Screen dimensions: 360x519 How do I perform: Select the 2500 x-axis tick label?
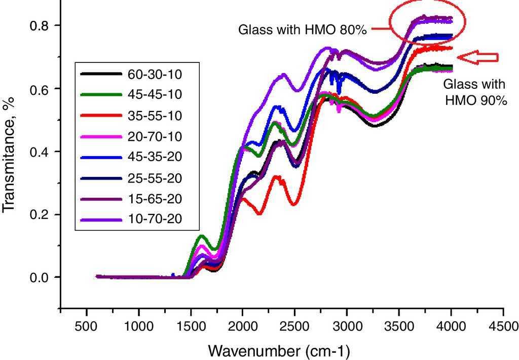pyautogui.click(x=294, y=326)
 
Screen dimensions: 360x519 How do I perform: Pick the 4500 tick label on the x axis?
pyautogui.click(x=503, y=326)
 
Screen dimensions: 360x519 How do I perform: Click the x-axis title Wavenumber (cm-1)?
pyautogui.click(x=279, y=350)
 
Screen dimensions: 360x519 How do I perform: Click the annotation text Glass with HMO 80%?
pyautogui.click(x=302, y=30)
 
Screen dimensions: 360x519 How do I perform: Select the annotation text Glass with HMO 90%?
pyautogui.click(x=475, y=92)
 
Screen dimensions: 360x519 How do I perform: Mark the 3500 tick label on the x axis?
pyautogui.click(x=399, y=326)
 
